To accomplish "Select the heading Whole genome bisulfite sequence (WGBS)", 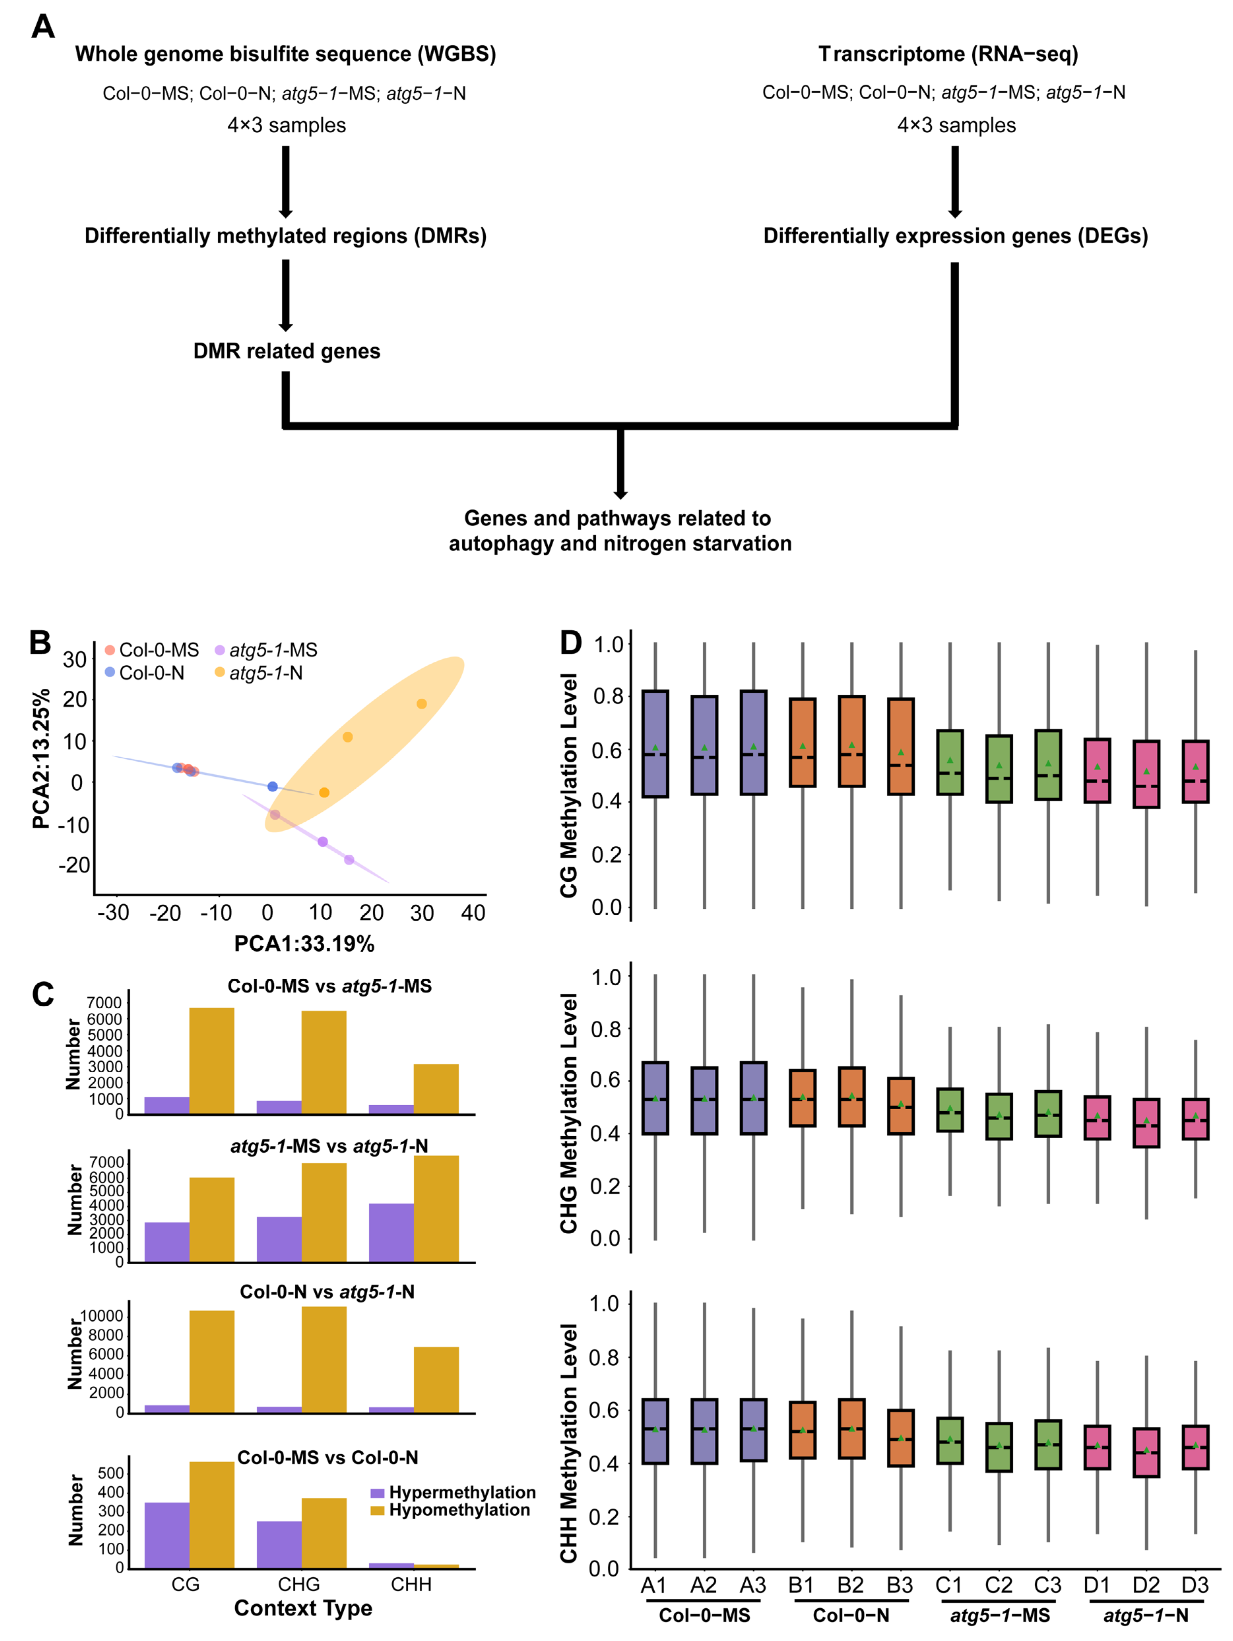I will (x=286, y=54).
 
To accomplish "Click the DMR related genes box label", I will (x=286, y=351).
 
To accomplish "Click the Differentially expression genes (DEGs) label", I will (x=956, y=236).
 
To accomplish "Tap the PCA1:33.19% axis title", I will (x=304, y=944).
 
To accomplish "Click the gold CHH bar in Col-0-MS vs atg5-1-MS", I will (x=436, y=1089).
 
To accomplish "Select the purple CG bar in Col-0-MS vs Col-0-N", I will (x=167, y=1535).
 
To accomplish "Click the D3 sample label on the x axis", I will (x=1194, y=1585).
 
